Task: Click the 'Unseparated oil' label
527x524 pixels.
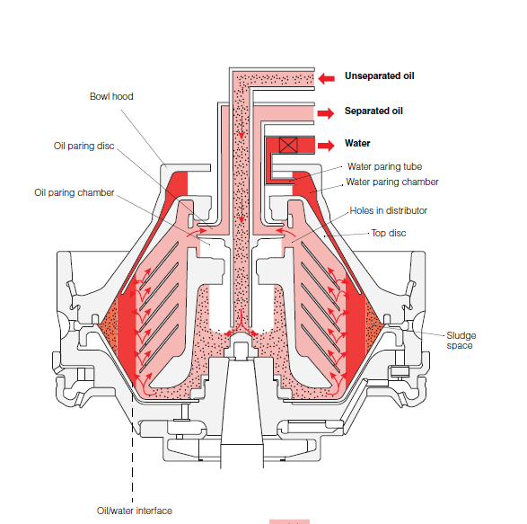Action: tap(382, 76)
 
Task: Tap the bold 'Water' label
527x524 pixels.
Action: tap(357, 143)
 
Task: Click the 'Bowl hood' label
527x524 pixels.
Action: tap(111, 96)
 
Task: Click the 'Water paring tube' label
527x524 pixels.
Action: tap(383, 166)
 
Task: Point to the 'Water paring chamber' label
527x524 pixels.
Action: tap(392, 182)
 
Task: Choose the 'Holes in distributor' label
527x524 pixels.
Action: tap(388, 210)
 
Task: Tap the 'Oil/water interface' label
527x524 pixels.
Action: tap(135, 511)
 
